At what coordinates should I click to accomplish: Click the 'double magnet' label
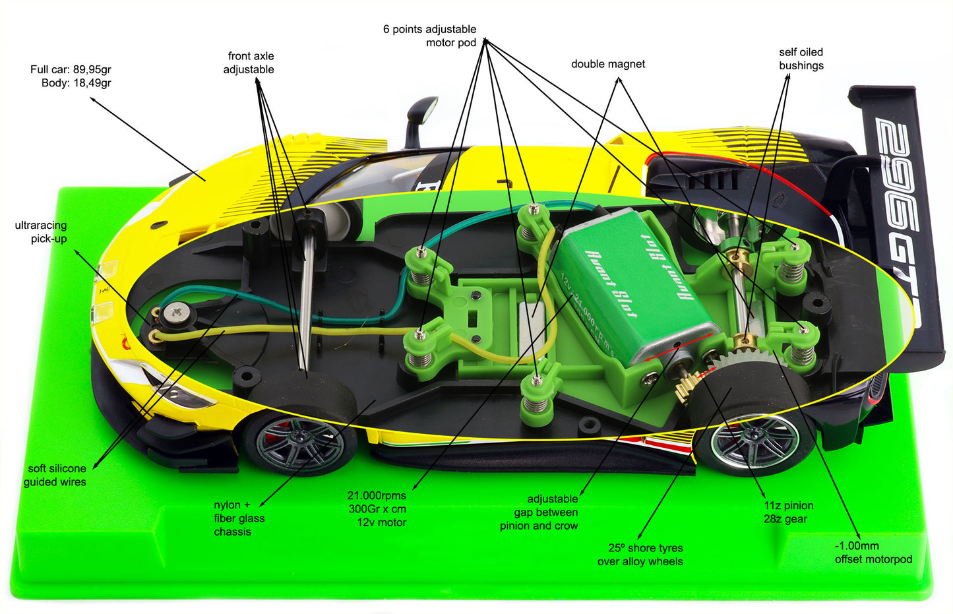607,64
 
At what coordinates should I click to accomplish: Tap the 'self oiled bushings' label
801,59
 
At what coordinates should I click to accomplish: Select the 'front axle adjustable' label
249,63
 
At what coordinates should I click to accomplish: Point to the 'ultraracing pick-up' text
41,232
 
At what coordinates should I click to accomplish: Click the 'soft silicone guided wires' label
55,475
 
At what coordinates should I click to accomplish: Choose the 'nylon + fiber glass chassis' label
239,518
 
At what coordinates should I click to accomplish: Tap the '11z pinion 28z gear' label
788,512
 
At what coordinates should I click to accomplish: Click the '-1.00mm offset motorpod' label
873,553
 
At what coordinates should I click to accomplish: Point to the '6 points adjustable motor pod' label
430,36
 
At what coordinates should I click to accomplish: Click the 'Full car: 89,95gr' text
71,69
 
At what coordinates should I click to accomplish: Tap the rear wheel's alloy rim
753,441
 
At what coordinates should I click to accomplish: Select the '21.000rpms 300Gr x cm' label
377,509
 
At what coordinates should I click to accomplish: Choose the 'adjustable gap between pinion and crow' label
539,512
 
